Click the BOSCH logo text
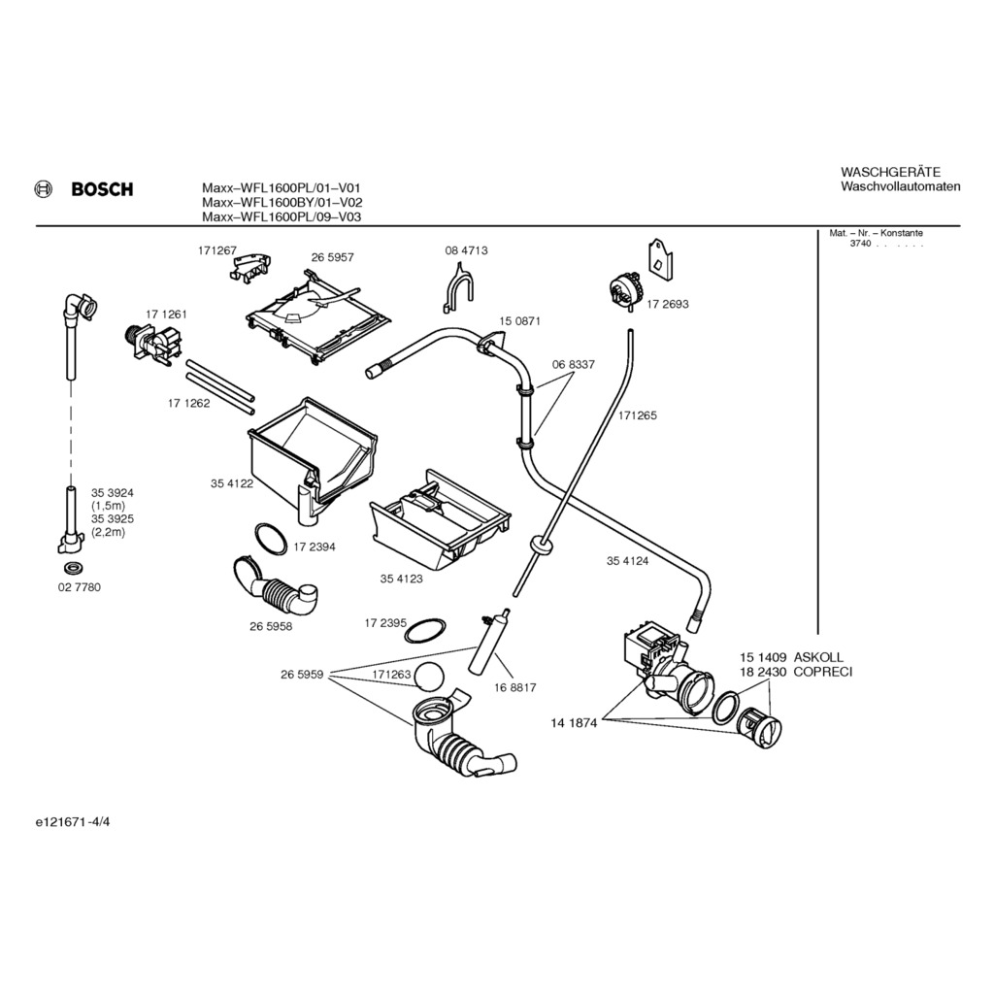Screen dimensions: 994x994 coord(102,189)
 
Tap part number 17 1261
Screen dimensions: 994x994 coord(166,315)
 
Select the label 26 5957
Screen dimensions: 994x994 coord(332,257)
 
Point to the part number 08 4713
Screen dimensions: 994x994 coord(466,250)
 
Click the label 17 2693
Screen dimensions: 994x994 coord(668,304)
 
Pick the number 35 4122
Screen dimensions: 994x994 coord(231,482)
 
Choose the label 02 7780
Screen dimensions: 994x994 coord(80,587)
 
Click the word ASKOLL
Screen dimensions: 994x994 coord(818,657)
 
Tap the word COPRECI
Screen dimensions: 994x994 coord(823,673)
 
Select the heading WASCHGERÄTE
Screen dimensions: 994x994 coord(890,173)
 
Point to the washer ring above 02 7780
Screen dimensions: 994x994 coord(72,566)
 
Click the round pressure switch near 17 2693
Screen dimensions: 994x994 coord(621,289)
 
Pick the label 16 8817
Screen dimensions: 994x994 coord(514,687)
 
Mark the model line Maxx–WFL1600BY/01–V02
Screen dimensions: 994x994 coord(282,203)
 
